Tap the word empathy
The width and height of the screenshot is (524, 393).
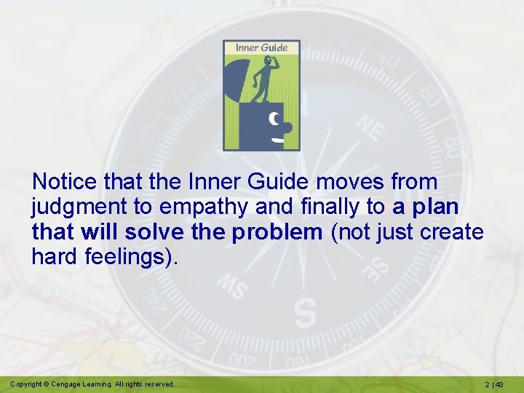202,207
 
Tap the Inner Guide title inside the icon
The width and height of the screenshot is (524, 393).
261,48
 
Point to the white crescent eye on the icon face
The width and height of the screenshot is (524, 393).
274,118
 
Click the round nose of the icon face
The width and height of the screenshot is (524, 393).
287,127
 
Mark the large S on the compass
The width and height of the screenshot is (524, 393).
306,313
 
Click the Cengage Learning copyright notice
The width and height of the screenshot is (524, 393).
92,384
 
